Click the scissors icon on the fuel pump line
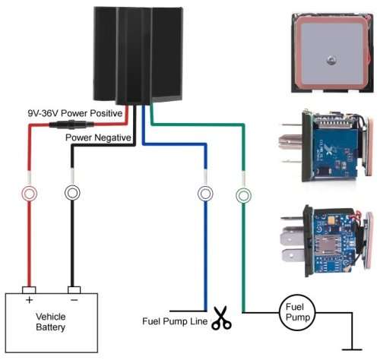coord(221,319)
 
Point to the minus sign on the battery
coord(73,302)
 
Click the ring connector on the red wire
coord(30,193)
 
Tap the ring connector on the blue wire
coord(205,194)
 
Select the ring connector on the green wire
coord(243,195)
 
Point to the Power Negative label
coord(98,137)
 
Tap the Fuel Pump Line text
coord(174,320)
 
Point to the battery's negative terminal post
coord(73,289)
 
